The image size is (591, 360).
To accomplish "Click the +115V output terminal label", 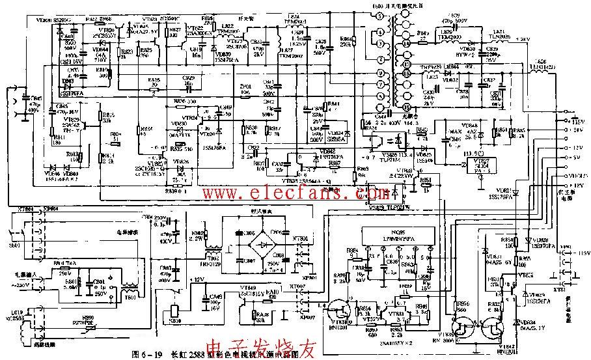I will (575, 121).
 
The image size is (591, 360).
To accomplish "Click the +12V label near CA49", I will (195, 280).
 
